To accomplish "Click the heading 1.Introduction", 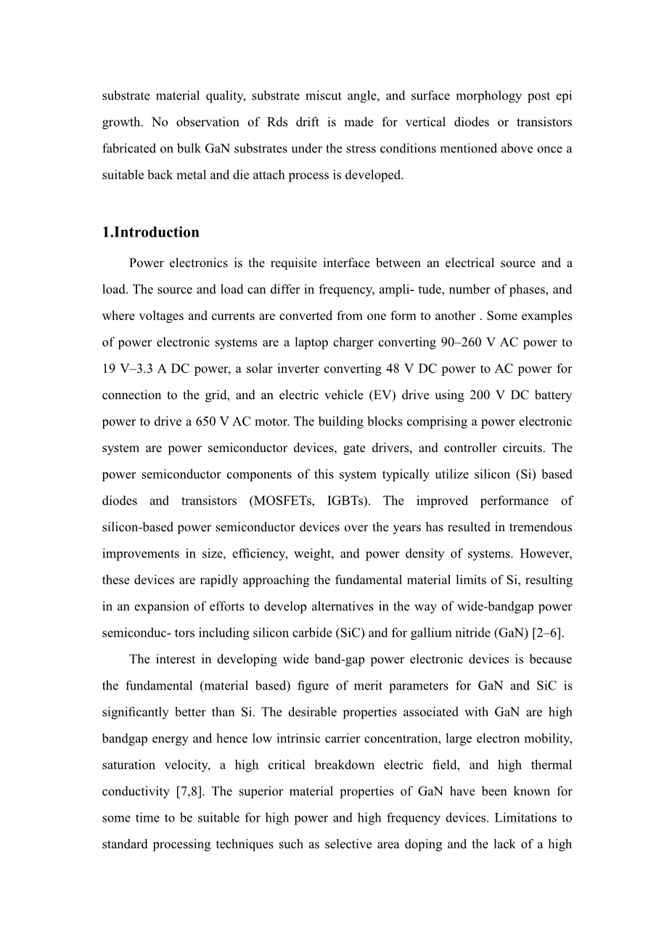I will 150,233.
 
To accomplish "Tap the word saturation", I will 128,765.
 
